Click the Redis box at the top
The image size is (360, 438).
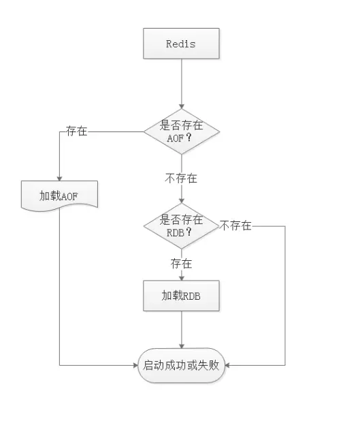(x=181, y=44)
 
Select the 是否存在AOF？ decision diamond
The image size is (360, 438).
(x=182, y=131)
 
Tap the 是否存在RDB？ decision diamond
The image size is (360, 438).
(x=182, y=225)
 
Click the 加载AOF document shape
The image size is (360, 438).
(x=59, y=195)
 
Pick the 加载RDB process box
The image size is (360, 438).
(x=181, y=296)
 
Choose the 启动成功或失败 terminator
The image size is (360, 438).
(x=181, y=365)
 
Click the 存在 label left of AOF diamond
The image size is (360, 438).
(x=77, y=131)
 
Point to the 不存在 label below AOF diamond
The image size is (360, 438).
(x=181, y=178)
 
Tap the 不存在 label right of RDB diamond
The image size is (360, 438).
(x=236, y=225)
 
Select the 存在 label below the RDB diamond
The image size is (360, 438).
(x=182, y=264)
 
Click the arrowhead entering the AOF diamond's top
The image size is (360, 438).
(x=182, y=106)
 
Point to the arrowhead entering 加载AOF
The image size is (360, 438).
(x=59, y=178)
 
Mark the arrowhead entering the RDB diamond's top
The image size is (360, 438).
(x=182, y=201)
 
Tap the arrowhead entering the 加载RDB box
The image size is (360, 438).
(x=182, y=278)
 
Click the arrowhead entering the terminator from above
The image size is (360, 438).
(x=182, y=346)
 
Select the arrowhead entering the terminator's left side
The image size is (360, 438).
(x=136, y=365)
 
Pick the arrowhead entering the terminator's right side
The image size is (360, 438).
(x=227, y=365)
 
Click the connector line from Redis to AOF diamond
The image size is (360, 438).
(x=182, y=84)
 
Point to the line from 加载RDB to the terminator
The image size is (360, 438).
(x=182, y=330)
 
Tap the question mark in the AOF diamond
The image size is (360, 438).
(x=189, y=137)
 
